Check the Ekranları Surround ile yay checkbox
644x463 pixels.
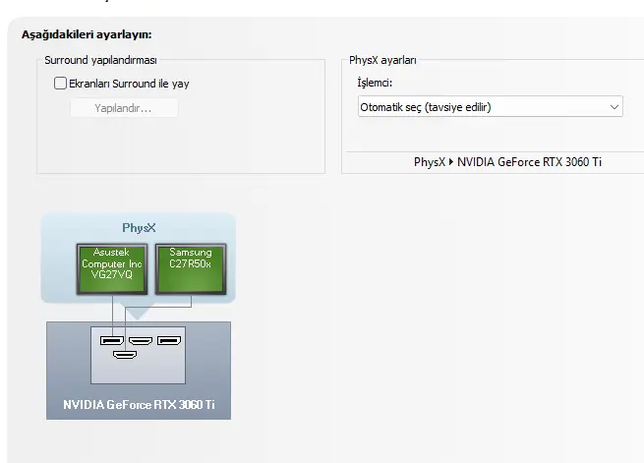point(60,84)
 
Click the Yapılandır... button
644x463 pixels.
point(124,108)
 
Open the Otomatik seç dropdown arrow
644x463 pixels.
point(615,107)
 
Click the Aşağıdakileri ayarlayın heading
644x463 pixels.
point(87,34)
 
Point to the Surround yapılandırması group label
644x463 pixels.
point(100,60)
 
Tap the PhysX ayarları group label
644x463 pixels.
point(382,60)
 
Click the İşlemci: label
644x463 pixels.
point(375,83)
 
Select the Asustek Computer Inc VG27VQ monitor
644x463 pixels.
point(112,269)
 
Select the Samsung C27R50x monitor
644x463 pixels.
point(191,269)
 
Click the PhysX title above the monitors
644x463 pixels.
point(139,228)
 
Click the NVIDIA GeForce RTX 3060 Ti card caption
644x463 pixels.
point(139,405)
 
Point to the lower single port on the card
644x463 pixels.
point(125,354)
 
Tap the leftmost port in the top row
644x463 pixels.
point(112,341)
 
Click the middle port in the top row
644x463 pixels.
point(141,341)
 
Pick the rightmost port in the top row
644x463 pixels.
point(169,341)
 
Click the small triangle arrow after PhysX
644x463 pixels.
point(451,162)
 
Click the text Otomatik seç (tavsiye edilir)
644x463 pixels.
point(426,107)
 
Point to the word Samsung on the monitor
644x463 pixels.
point(191,252)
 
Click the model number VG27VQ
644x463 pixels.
point(112,274)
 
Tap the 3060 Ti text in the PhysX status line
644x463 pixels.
point(583,162)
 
